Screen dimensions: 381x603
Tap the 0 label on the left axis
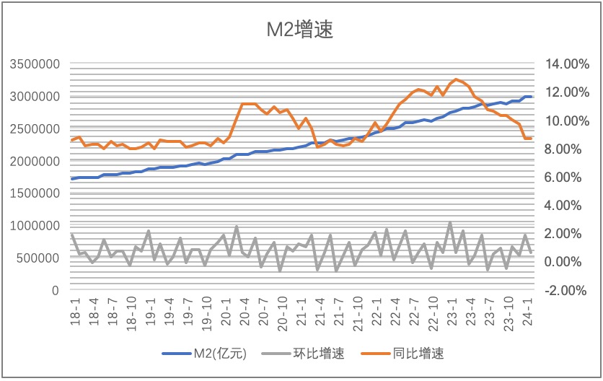[x=55, y=290]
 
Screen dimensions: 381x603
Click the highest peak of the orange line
[x=456, y=79]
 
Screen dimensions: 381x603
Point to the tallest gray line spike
[x=450, y=222]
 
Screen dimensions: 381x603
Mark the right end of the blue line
[x=532, y=97]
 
